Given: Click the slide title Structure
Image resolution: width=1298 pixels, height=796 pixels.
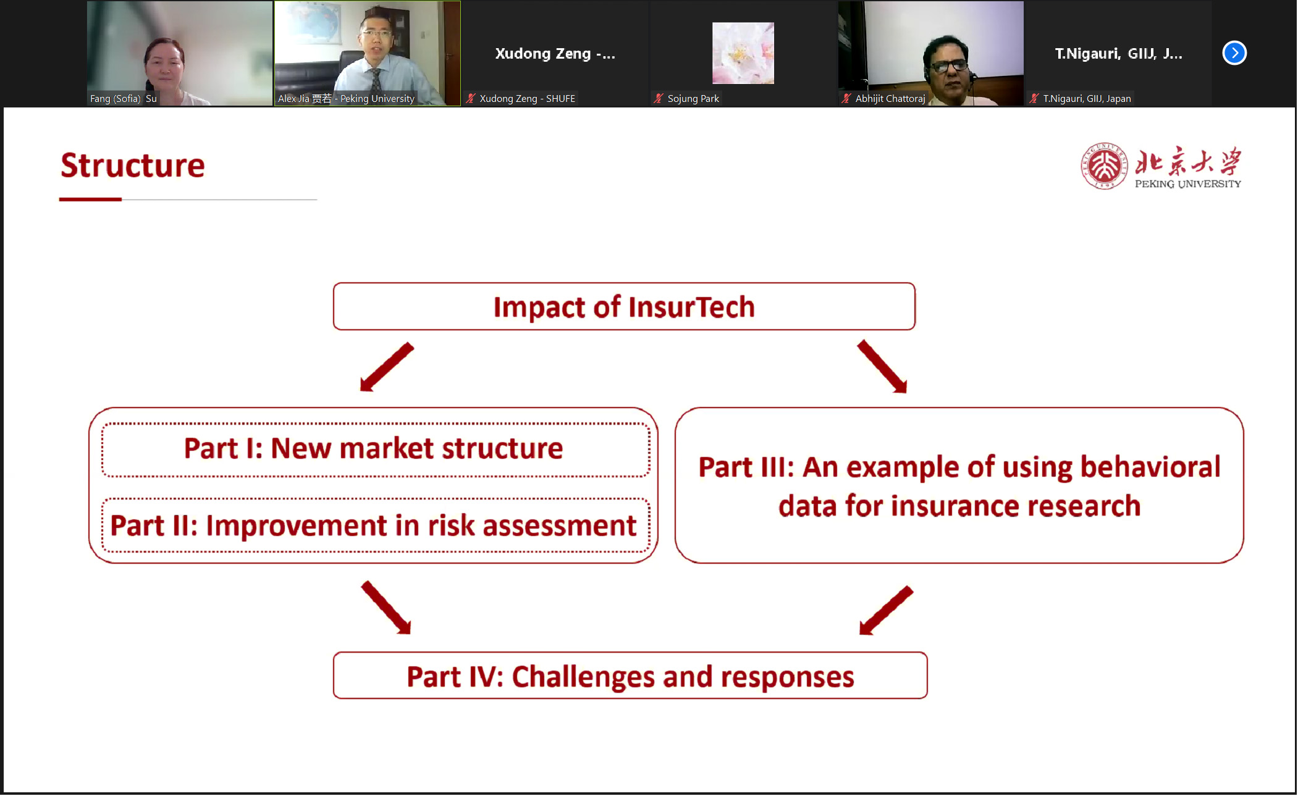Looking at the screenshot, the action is pos(132,165).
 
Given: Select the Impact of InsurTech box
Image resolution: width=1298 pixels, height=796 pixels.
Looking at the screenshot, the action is pos(624,306).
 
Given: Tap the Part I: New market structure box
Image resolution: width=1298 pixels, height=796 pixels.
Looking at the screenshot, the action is pos(376,450).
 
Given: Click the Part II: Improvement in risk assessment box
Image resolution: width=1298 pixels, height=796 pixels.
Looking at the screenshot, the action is pos(376,525).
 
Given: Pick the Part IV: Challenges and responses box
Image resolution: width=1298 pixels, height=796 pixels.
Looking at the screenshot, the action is pos(630,676).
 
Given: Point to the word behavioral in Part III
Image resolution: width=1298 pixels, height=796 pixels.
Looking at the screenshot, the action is pos(1150,467).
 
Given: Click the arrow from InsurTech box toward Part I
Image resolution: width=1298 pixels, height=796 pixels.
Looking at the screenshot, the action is pos(387,367).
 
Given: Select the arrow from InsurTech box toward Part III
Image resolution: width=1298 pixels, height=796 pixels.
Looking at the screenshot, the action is pos(882,366).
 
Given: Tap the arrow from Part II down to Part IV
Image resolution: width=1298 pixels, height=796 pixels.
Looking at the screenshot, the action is pos(386,607).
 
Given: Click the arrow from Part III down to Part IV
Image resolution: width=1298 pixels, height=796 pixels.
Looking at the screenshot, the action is pos(886,610).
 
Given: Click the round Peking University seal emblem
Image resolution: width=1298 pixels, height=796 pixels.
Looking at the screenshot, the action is pos(1104,166).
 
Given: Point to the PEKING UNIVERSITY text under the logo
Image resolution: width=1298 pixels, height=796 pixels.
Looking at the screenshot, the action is pos(1187,184).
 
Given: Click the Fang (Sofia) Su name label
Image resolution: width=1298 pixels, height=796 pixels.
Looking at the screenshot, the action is pos(124,99).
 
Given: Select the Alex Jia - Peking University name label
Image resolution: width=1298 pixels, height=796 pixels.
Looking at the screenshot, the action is pos(346,99).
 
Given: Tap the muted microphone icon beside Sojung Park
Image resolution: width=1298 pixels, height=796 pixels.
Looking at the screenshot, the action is pos(659,98).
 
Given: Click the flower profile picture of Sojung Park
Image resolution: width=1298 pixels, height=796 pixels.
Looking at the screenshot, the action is pos(743,53).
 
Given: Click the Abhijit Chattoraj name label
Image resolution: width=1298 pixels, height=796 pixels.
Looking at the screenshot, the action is pos(890,99).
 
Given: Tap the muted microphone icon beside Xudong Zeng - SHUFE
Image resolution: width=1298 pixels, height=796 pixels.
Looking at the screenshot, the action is pos(471,98).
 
